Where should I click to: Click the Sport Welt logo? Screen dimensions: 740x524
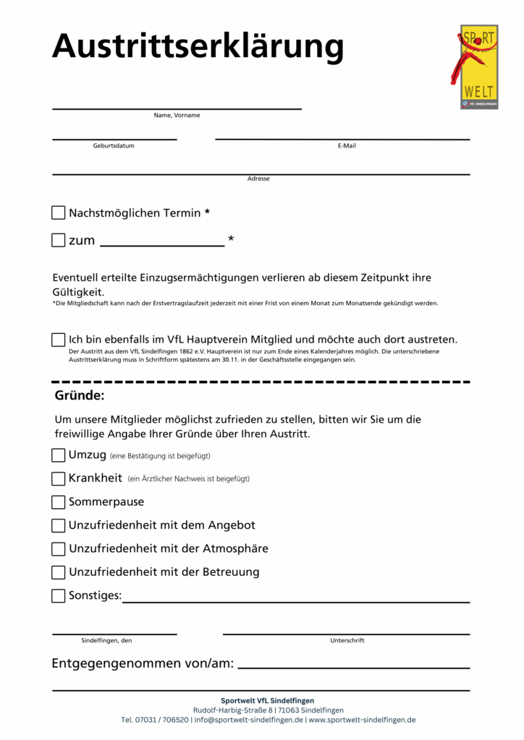479,66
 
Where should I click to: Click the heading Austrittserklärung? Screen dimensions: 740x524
198,46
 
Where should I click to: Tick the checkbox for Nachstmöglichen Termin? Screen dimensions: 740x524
59,213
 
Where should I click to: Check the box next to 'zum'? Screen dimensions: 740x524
59,241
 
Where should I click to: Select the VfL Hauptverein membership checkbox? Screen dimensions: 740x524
59,340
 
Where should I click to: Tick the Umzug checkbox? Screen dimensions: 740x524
59,455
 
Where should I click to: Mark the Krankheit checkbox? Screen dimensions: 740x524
59,478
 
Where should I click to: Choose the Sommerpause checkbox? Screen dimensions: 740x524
59,502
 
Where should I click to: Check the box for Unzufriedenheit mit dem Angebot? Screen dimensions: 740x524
59,525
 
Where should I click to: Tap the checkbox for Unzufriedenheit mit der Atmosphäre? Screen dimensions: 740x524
59,548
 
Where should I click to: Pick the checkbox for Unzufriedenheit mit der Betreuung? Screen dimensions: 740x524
59,572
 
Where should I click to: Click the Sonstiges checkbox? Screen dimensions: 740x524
59,596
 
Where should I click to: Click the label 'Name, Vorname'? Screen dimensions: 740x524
177,116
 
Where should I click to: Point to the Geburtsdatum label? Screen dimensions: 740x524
114,146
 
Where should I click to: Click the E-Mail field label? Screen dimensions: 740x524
347,146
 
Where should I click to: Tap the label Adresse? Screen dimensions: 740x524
258,178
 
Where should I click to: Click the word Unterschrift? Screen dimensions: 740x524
347,640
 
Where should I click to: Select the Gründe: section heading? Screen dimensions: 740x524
80,396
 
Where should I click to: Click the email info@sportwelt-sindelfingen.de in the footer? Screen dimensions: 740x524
248,720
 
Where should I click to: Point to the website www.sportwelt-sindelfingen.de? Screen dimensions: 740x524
362,720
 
